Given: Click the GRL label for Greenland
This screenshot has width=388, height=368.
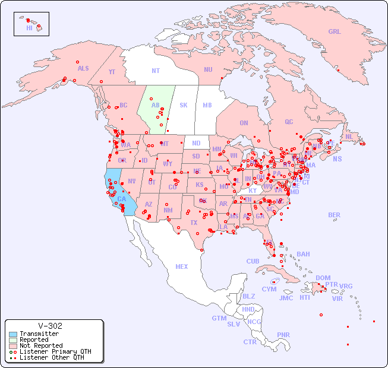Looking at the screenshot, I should point(335,32).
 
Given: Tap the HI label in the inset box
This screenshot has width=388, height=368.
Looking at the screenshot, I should point(29,28).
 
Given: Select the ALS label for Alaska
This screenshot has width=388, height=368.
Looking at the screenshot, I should point(83,68).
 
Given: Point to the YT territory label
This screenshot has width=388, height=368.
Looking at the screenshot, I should point(112,71).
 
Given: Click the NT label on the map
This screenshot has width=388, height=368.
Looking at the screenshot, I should point(155,71).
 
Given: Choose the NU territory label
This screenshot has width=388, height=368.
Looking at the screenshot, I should point(208,69).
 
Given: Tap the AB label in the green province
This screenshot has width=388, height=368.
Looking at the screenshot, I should point(155,106).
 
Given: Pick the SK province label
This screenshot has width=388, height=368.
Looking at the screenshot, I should point(184,106).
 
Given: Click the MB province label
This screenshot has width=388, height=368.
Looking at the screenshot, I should point(207,106).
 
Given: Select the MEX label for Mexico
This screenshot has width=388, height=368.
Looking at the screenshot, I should point(182,267).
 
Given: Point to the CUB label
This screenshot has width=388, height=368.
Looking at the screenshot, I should point(253,261).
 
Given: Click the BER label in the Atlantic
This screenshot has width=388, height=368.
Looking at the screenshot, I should point(335,215).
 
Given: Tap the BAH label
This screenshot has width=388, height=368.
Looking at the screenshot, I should point(303,254).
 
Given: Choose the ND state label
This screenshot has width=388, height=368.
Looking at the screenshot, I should point(196,143).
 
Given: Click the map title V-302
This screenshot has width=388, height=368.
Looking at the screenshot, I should point(50,326).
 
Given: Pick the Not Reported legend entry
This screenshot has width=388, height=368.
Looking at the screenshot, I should point(41,345).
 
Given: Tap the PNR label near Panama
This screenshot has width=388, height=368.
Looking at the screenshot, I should point(283,335).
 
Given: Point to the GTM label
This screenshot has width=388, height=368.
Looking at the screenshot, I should point(219,318).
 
